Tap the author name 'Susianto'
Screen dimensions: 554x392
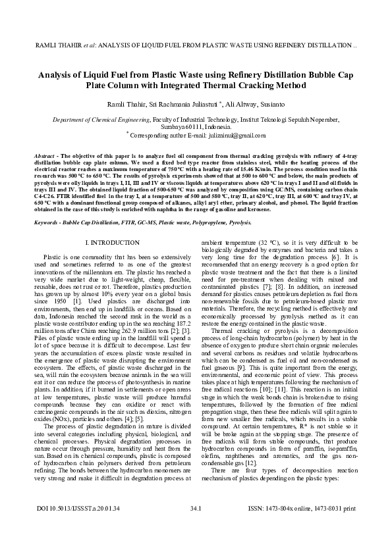(271, 105)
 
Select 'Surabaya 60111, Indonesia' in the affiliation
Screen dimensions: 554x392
(196, 126)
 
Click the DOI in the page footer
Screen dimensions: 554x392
(72, 528)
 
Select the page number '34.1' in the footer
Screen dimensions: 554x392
(196, 528)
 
